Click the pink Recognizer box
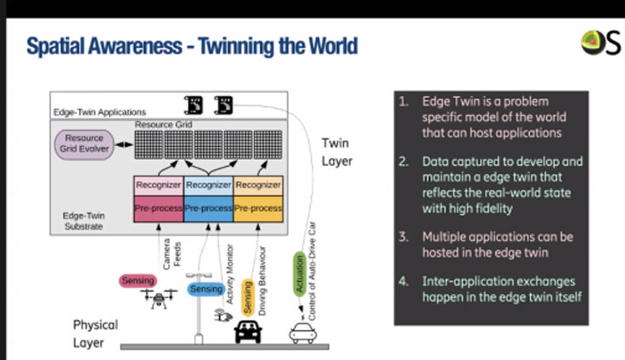click(158, 183)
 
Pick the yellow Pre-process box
click(257, 206)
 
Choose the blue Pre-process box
click(208, 206)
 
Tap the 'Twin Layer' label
click(335, 152)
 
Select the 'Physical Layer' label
click(95, 334)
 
